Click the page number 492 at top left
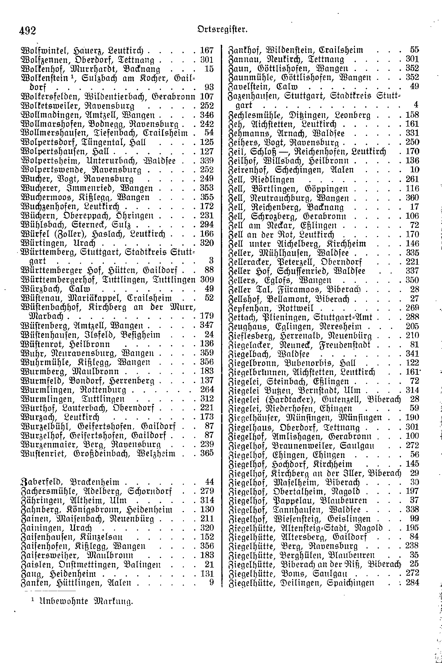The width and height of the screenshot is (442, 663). [x=28, y=30]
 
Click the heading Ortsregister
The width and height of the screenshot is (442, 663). [x=222, y=29]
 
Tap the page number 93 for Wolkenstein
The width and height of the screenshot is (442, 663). [x=209, y=87]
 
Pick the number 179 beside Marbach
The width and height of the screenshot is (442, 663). [x=207, y=316]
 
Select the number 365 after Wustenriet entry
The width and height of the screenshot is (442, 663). [x=207, y=453]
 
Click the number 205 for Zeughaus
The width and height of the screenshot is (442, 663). [x=412, y=326]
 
